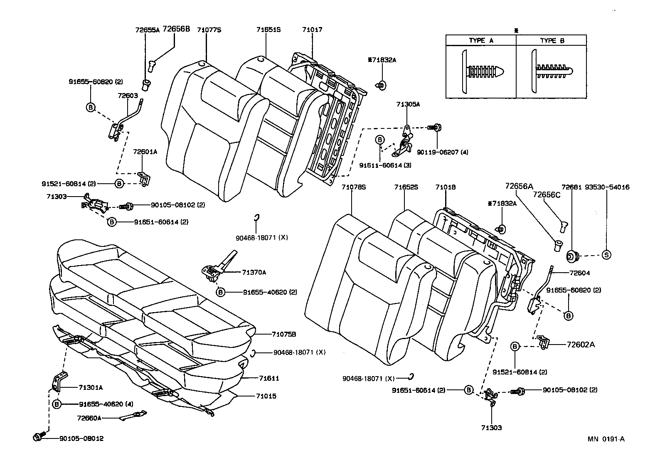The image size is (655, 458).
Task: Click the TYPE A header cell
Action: pyautogui.click(x=481, y=40)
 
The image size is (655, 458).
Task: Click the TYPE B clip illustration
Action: pyautogui.click(x=551, y=72)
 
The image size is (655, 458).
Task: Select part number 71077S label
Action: pyautogui.click(x=209, y=30)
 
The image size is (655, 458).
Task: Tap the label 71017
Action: pyautogui.click(x=312, y=30)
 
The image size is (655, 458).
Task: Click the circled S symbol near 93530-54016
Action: pyautogui.click(x=606, y=255)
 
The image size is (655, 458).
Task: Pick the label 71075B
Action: pyautogui.click(x=284, y=334)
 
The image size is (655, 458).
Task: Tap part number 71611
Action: pyautogui.click(x=269, y=378)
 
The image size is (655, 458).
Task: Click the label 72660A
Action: pyautogui.click(x=89, y=418)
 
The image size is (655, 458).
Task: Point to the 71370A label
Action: pyautogui.click(x=254, y=272)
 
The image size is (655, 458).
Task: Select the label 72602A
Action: pyautogui.click(x=581, y=345)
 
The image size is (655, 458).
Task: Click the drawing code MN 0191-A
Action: pyautogui.click(x=606, y=439)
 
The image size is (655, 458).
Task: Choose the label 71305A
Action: pyautogui.click(x=408, y=104)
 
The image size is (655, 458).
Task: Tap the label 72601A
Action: pyautogui.click(x=145, y=152)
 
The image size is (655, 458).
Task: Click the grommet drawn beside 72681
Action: pyautogui.click(x=574, y=256)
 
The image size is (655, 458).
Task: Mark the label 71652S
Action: pyautogui.click(x=406, y=187)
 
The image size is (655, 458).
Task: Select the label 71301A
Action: pyautogui.click(x=90, y=387)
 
